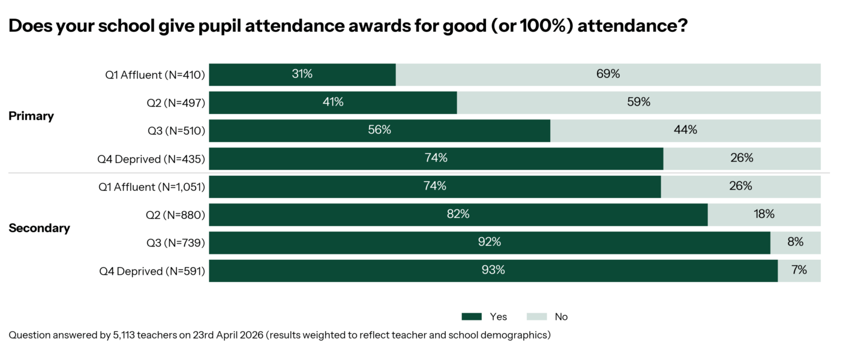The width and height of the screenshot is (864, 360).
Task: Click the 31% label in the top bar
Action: click(x=302, y=74)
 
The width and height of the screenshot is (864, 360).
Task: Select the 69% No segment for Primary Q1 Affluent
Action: click(x=608, y=74)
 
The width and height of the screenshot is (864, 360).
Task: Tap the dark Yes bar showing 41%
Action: click(x=332, y=103)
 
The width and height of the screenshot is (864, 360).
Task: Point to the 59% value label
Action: click(x=638, y=103)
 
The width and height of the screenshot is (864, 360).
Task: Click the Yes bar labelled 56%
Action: click(x=379, y=130)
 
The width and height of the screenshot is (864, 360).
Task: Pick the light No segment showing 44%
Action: click(x=685, y=130)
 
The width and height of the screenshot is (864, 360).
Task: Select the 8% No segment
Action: click(x=795, y=242)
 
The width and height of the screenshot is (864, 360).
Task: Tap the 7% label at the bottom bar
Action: click(x=799, y=271)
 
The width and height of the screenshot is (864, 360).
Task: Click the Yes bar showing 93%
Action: click(x=493, y=271)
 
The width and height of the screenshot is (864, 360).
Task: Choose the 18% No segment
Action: click(x=764, y=214)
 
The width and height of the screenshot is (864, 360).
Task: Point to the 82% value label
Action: click(x=458, y=214)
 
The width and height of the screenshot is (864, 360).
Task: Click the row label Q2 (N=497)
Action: click(x=176, y=103)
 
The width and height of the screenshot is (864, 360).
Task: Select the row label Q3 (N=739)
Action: click(x=176, y=242)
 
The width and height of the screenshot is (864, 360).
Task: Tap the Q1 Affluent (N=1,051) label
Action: click(x=152, y=187)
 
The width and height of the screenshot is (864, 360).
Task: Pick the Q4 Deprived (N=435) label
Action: click(x=151, y=159)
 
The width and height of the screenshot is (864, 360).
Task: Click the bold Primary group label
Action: click(x=31, y=116)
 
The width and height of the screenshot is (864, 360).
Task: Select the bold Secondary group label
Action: click(x=39, y=229)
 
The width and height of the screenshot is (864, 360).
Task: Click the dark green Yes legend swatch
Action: click(x=472, y=317)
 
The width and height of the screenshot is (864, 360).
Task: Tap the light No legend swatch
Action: click(x=537, y=317)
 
